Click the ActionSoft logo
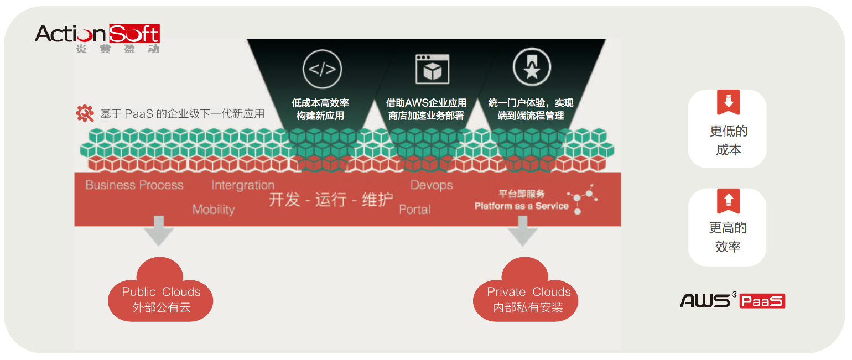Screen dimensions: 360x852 pos(97,38)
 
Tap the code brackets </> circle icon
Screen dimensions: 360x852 pos(322,70)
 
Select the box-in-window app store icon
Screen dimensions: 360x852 pos(432,69)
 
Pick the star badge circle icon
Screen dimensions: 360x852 pos(532,67)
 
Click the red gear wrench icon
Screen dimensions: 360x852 pos(85,113)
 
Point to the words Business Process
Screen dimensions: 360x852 pos(134,185)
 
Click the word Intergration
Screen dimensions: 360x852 pos(242,185)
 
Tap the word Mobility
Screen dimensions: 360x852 pos(214,210)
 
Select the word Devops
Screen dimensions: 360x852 pos(432,185)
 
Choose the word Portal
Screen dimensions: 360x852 pos(415,210)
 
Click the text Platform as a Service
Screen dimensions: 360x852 pos(521,206)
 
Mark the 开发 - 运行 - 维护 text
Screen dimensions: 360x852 pos(331,200)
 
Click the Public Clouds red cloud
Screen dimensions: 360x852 pos(161,293)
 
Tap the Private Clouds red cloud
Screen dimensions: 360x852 pos(528,293)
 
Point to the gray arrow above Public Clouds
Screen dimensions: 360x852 pos(158,231)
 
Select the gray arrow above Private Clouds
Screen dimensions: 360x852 pos(522,231)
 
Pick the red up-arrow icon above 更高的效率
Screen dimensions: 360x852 pos(728,200)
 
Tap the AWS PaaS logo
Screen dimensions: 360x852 pos(732,300)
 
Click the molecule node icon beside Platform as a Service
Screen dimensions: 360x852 pos(583,199)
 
